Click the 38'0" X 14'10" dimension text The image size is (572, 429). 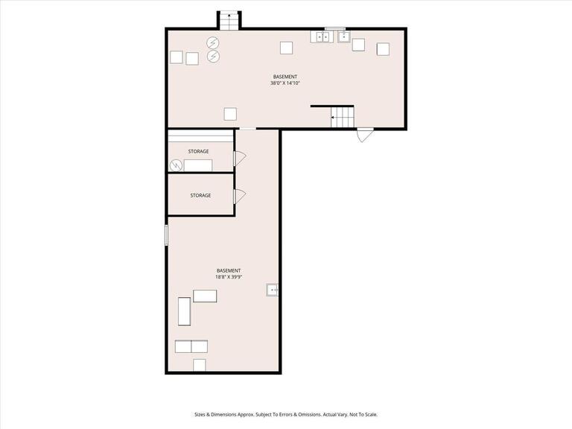pyautogui.click(x=285, y=83)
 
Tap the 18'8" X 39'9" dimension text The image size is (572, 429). pyautogui.click(x=229, y=277)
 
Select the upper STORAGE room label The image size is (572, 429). pyautogui.click(x=198, y=151)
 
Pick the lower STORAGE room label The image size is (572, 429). pyautogui.click(x=200, y=195)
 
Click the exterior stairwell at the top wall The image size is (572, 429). pyautogui.click(x=229, y=20)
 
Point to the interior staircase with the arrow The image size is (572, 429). pyautogui.click(x=342, y=117)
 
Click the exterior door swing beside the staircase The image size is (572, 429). pyautogui.click(x=365, y=136)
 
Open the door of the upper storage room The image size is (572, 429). pyautogui.click(x=240, y=158)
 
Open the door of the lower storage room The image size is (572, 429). pyautogui.click(x=240, y=196)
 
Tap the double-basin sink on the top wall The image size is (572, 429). pyautogui.click(x=322, y=36)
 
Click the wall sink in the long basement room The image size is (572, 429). pyautogui.click(x=273, y=290)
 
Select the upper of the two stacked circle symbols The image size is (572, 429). pyautogui.click(x=213, y=42)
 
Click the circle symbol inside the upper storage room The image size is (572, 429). pyautogui.click(x=176, y=165)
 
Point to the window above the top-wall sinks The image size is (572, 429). pyautogui.click(x=334, y=28)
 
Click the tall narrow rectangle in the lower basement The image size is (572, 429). pyautogui.click(x=184, y=311)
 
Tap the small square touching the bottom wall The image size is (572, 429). pyautogui.click(x=199, y=364)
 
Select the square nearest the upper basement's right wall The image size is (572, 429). pyautogui.click(x=383, y=49)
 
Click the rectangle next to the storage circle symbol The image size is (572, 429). pyautogui.click(x=198, y=165)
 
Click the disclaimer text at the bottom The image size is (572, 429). pyautogui.click(x=286, y=414)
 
